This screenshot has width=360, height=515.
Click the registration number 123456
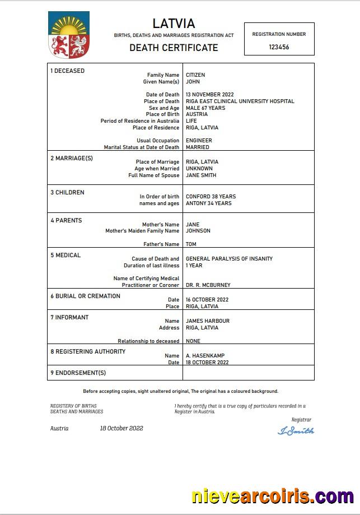coord(279,47)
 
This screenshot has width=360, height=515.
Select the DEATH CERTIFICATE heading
coord(174,48)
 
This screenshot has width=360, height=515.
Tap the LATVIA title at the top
coord(174,24)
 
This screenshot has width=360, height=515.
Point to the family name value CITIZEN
coord(195,75)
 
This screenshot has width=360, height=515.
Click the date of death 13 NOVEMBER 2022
coord(210,95)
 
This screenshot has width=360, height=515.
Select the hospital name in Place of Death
coord(240,101)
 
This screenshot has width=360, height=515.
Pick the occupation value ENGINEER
coord(199,141)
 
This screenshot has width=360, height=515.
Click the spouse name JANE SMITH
coord(201,175)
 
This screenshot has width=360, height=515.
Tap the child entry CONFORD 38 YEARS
coord(211,197)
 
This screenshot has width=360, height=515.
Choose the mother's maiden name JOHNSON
coord(198,231)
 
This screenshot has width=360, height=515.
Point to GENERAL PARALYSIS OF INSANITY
coord(229,259)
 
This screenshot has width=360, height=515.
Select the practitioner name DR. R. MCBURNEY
coord(208,285)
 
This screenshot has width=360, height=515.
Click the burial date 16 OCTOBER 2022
coord(207,300)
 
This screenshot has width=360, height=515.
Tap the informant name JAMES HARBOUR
coord(208,321)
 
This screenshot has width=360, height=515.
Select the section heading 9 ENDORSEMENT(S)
coord(78,373)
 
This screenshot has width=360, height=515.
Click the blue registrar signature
coord(296,431)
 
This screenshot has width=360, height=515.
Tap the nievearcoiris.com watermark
coord(273,497)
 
